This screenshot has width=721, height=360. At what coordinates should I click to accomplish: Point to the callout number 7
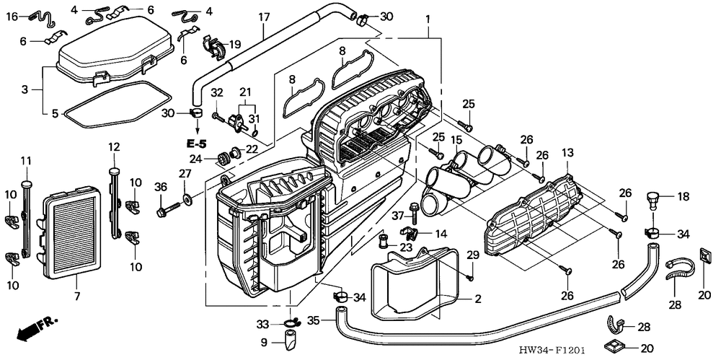[77, 296]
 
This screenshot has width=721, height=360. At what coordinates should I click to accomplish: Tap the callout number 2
[477, 298]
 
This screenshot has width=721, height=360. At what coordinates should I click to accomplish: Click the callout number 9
[265, 342]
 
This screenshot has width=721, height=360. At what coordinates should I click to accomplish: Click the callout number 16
[12, 16]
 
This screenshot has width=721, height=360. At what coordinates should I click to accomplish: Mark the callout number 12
[113, 147]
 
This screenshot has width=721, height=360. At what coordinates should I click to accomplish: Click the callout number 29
[473, 255]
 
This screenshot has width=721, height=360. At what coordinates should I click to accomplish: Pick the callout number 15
[457, 139]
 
